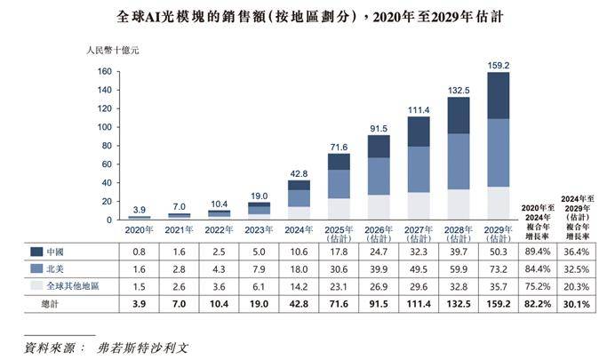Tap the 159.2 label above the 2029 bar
pyautogui.click(x=498, y=65)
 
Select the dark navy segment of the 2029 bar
pyautogui.click(x=498, y=95)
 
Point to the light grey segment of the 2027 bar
pyautogui.click(x=419, y=205)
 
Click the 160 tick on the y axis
pyautogui.click(x=104, y=72)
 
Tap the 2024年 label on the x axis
pyautogui.click(x=300, y=228)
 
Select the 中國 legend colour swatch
pyautogui.click(x=36, y=252)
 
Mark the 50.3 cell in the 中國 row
pyautogui.click(x=498, y=252)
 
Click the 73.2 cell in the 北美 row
pyautogui.click(x=498, y=268)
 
